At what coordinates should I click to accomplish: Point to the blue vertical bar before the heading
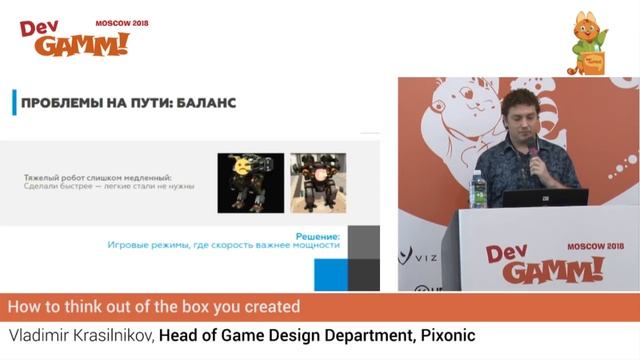[13, 102]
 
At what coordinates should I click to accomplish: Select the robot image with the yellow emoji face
[245, 181]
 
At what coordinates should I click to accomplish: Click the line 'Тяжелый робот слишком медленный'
[95, 176]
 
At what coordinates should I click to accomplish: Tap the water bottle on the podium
[477, 189]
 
